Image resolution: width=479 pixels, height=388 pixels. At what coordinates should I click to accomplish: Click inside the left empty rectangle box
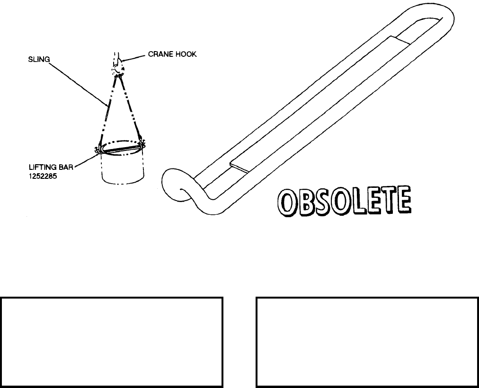(112, 342)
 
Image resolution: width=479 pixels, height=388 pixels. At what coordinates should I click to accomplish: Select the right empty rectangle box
(367, 342)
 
